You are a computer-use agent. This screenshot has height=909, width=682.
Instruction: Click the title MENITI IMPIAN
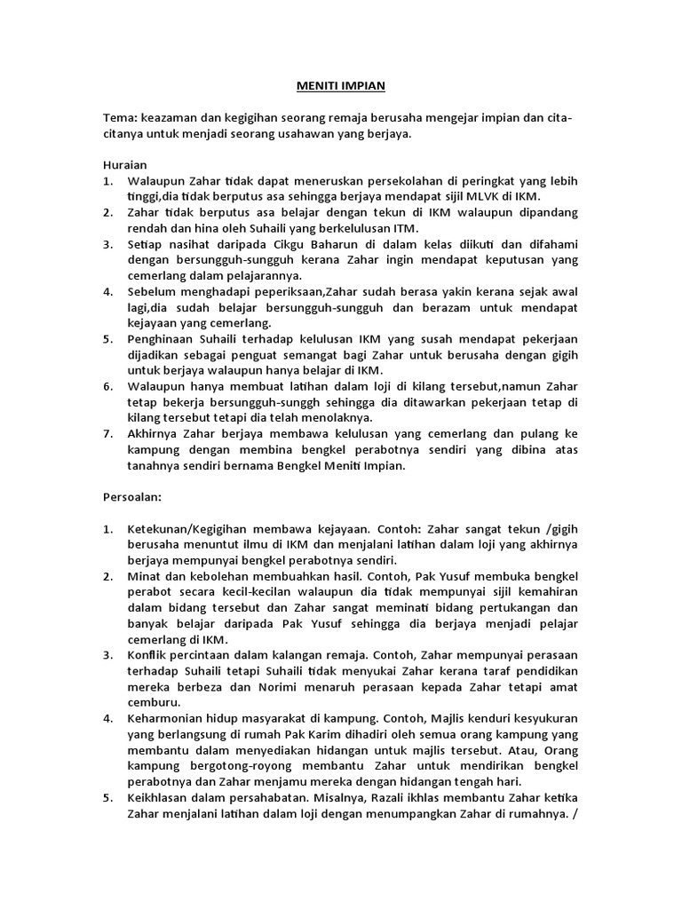pyautogui.click(x=341, y=88)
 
